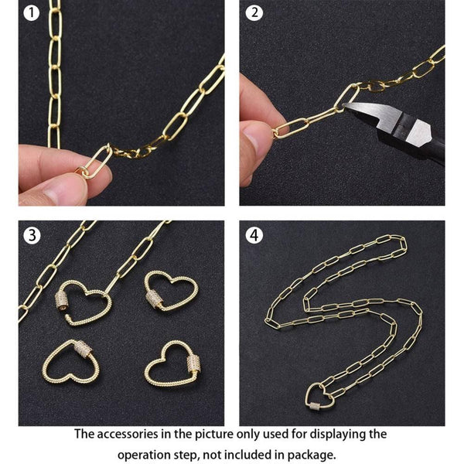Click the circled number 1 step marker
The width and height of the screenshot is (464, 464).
point(31,13)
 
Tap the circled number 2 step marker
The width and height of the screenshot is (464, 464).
point(254,13)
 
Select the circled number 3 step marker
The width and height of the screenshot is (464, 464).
point(32,236)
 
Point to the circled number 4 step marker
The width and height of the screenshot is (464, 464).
point(254,236)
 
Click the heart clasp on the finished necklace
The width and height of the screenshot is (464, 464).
point(319,398)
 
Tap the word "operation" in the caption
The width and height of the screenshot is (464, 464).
point(145,454)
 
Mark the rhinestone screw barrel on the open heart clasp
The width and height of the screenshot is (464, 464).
point(63,300)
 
